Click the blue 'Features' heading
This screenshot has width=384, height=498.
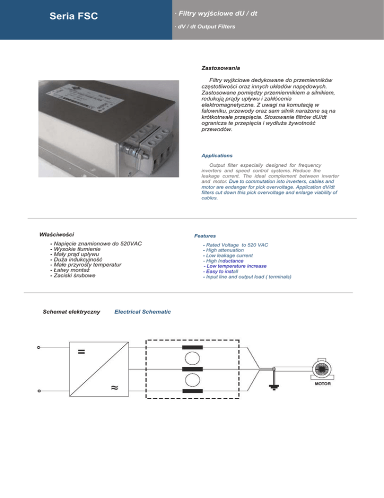click(x=205, y=235)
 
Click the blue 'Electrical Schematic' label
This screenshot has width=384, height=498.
click(x=142, y=312)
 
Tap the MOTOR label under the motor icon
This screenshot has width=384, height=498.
click(x=322, y=384)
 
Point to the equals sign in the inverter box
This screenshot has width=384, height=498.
click(x=81, y=351)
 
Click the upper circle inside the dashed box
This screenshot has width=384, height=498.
click(x=192, y=360)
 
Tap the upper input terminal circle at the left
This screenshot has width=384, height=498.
click(x=39, y=349)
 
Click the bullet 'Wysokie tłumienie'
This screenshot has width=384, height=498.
click(x=77, y=249)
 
